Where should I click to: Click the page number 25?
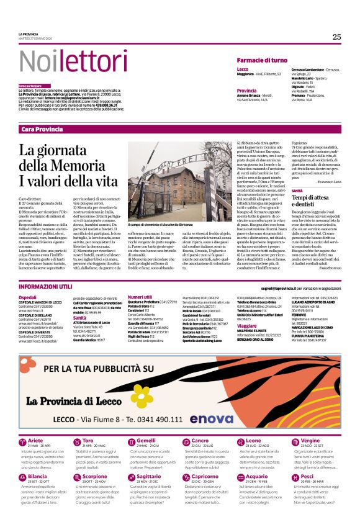tap(336, 37)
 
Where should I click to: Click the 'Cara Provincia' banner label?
tap(42, 128)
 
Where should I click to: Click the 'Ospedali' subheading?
tap(27, 297)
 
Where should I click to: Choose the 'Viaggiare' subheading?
tap(247, 325)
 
